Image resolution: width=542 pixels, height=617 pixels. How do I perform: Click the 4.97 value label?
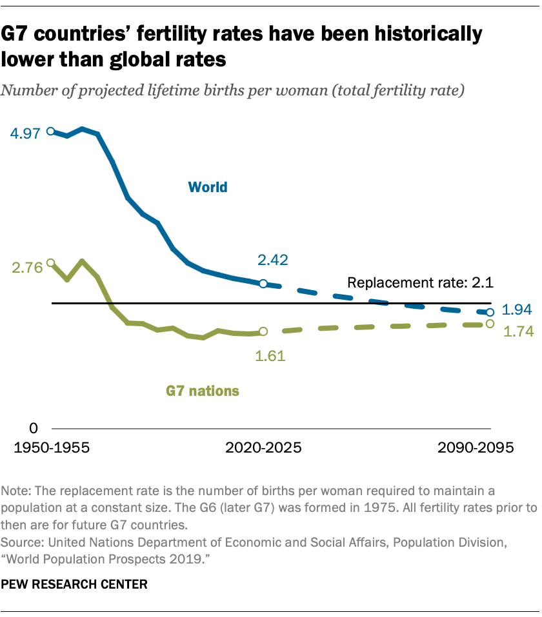click(x=25, y=133)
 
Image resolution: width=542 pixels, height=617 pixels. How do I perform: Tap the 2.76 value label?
click(x=25, y=268)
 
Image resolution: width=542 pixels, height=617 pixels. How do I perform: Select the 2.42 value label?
click(x=273, y=260)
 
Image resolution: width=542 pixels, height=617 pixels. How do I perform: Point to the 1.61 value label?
click(x=270, y=355)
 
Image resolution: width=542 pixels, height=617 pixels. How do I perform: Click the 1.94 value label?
click(x=517, y=310)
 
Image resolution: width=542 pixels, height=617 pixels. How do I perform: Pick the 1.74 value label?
click(x=517, y=332)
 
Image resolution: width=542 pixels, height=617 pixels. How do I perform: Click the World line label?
click(x=208, y=188)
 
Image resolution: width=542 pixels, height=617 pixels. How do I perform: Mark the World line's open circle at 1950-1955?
click(x=52, y=132)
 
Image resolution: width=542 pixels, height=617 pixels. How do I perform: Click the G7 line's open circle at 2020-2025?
click(x=263, y=331)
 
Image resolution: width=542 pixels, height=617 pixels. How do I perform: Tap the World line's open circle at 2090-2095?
click(x=490, y=312)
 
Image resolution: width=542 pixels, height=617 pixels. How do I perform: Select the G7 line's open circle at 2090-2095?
click(x=490, y=324)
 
